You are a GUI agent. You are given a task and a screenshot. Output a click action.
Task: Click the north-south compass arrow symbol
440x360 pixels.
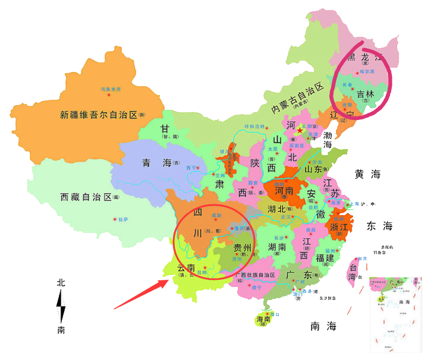61,307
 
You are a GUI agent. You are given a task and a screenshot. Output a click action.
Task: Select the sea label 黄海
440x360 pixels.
367,175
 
